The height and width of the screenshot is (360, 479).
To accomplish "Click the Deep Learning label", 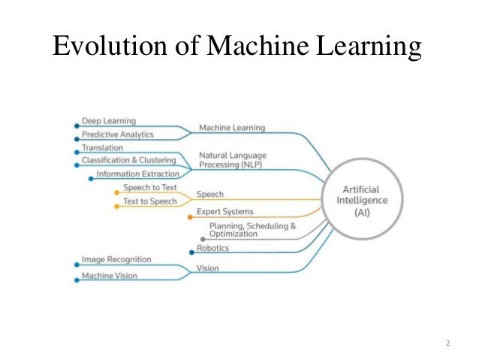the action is point(108,121).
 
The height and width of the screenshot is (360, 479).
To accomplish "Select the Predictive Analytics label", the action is point(117,135).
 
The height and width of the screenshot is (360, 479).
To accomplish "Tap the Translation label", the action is point(102,148).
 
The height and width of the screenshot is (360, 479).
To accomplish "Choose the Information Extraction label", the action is point(138,174).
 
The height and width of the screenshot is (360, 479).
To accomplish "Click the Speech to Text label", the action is point(149,188).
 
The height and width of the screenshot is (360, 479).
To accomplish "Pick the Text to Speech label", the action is point(149,201).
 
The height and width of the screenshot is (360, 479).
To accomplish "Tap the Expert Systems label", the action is point(224,213).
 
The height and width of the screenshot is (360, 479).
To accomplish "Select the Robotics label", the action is point(212,248).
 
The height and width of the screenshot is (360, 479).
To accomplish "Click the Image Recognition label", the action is point(116,260).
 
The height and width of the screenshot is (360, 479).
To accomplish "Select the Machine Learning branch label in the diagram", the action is point(231,128).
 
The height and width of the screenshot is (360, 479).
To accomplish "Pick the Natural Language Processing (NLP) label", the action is point(232,160).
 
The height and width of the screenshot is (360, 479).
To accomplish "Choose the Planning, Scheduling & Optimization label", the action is point(252,230).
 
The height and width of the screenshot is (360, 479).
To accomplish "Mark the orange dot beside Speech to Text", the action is point(116,192).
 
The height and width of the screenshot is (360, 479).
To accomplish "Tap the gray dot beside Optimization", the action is point(203,239).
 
